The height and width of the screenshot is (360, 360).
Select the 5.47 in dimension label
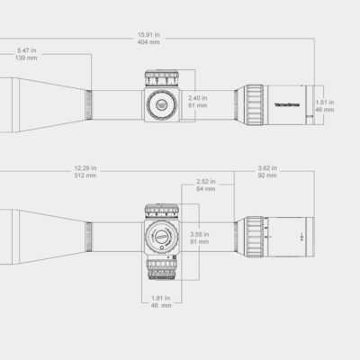pos(27,50)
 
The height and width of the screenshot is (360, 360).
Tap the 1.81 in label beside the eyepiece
pos(326,102)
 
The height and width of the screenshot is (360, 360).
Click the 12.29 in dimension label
pos(86,166)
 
